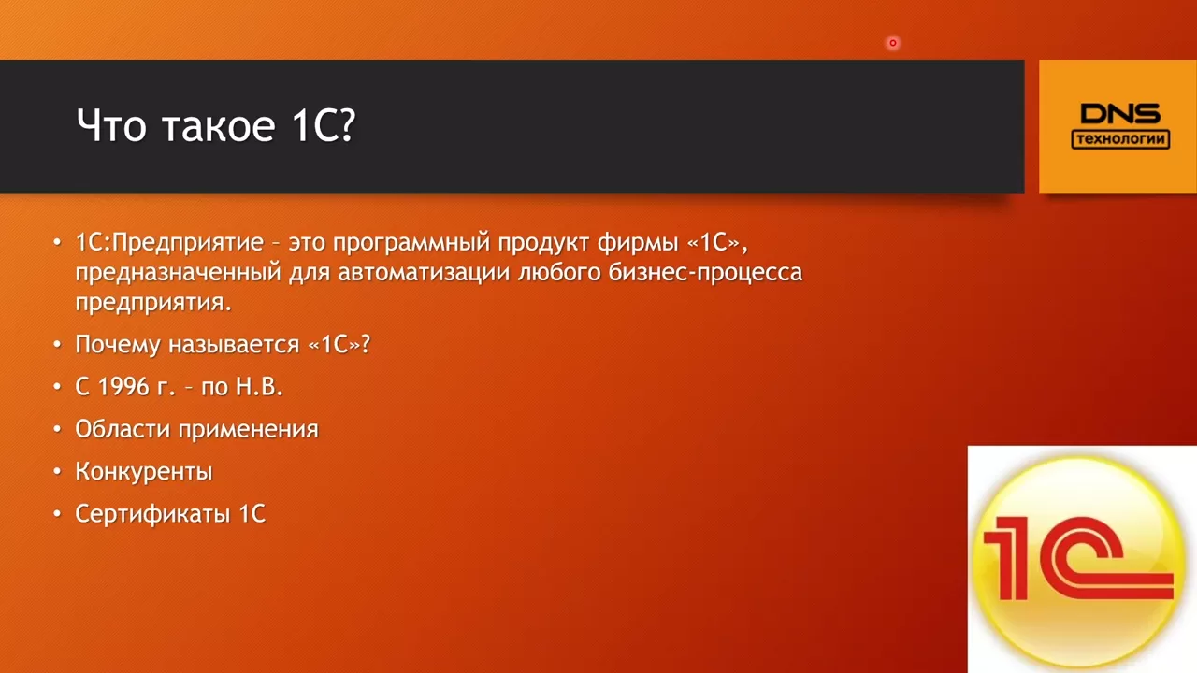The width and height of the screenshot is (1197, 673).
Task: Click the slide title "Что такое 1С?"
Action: coord(216,126)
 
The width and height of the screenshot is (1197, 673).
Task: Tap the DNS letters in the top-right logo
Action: coord(1120,114)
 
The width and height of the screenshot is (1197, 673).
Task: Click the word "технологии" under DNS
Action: coord(1120,139)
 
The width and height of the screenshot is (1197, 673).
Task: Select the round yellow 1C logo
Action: coord(1079,562)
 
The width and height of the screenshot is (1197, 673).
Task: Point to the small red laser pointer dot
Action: coord(892,43)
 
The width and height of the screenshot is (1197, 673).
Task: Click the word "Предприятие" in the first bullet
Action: coord(188,243)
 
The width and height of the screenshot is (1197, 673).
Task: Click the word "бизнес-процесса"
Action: coord(705,273)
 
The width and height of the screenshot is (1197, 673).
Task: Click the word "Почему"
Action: coord(118,345)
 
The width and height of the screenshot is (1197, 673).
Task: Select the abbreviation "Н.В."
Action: coord(259,387)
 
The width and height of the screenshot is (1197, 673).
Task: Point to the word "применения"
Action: coord(249,430)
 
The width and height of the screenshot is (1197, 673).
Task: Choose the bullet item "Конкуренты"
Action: coord(144,472)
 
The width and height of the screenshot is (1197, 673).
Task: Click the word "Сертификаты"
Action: coord(152,514)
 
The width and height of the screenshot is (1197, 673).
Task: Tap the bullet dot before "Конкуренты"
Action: coord(58,472)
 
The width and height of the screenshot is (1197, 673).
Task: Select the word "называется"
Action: coord(234,345)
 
